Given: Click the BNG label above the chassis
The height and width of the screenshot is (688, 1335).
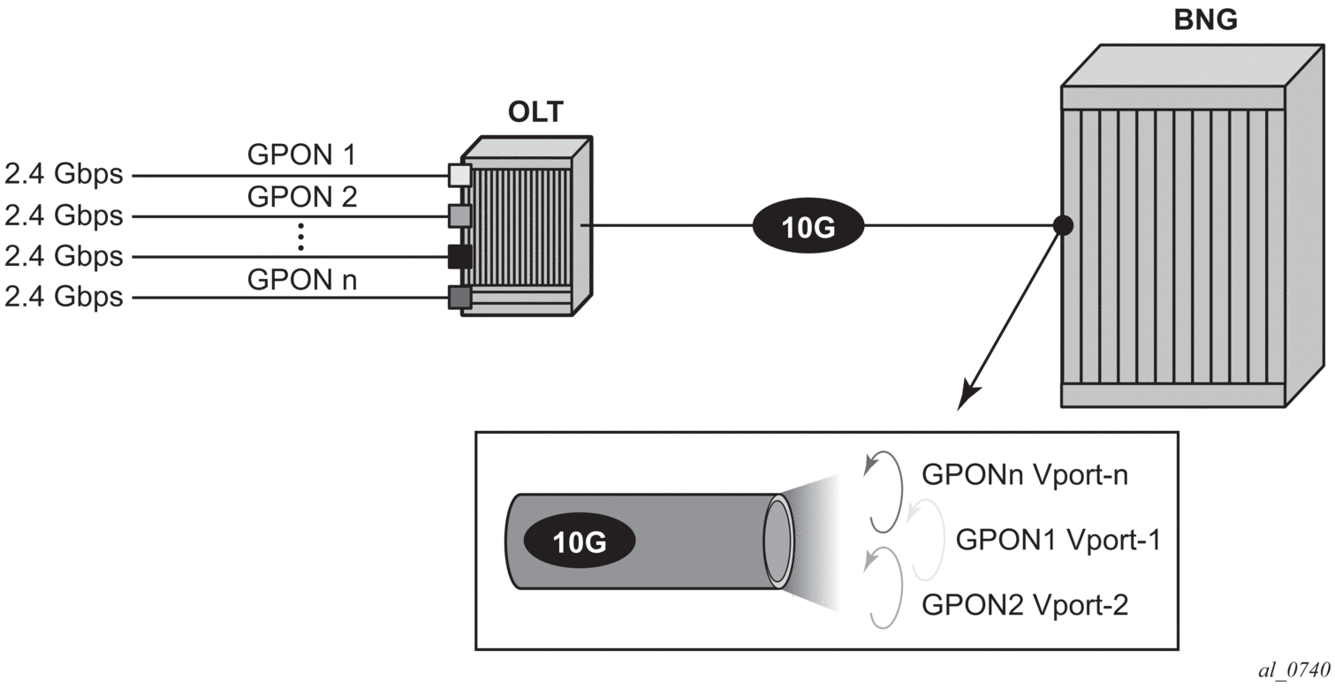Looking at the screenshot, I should pyautogui.click(x=1206, y=20).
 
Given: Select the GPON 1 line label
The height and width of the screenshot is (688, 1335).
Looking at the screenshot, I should pyautogui.click(x=301, y=156).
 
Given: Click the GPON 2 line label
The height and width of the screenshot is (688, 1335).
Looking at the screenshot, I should pyautogui.click(x=301, y=197).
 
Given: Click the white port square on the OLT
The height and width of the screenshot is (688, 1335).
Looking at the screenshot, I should pyautogui.click(x=459, y=175).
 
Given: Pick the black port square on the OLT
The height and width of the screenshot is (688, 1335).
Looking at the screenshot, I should pyautogui.click(x=459, y=256).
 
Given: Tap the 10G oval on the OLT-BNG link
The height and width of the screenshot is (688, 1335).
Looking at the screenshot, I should pyautogui.click(x=808, y=226).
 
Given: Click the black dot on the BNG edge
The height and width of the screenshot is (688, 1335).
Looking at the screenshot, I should pyautogui.click(x=1064, y=226).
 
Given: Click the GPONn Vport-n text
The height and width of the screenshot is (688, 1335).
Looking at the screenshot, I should pyautogui.click(x=1025, y=475).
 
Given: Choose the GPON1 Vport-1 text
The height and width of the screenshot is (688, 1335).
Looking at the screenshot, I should pyautogui.click(x=1058, y=539).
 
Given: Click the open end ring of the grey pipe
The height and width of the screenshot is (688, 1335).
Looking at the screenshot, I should pyautogui.click(x=777, y=541).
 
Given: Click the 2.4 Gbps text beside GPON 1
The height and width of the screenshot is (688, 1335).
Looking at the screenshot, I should pyautogui.click(x=64, y=175).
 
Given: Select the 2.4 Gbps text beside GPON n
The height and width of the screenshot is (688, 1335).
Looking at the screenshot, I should pyautogui.click(x=64, y=297).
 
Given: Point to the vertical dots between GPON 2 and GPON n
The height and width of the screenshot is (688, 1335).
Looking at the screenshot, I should pyautogui.click(x=301, y=237).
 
